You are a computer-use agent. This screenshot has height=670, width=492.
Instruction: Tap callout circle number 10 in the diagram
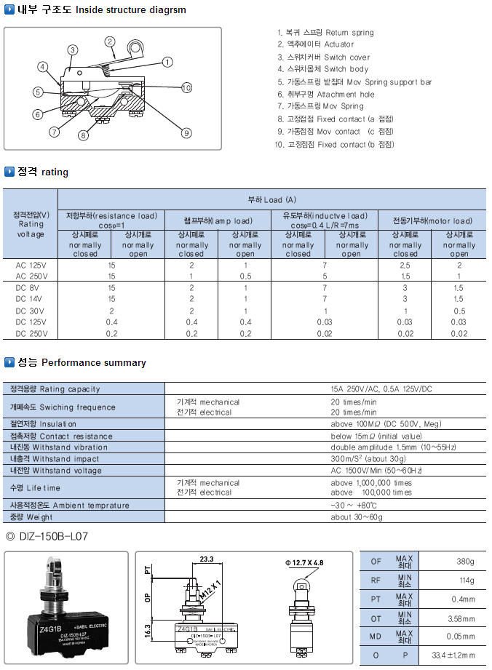coord(186,88)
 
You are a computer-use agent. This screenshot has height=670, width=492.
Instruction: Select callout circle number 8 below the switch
coord(83,135)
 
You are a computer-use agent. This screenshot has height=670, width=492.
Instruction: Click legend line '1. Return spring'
coord(325,33)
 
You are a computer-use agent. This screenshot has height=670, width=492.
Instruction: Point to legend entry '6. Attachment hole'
coord(325,95)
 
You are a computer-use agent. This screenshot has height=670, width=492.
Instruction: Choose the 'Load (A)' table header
coord(271,199)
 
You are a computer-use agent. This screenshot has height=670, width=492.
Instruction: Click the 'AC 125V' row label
coord(31,266)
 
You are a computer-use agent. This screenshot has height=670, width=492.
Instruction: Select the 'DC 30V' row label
coord(31,311)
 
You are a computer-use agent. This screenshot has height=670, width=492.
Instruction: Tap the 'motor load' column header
coord(432,220)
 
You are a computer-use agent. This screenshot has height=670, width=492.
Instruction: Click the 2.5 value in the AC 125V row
coord(405,266)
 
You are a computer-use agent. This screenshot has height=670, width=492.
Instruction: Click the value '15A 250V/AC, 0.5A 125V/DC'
coord(382,389)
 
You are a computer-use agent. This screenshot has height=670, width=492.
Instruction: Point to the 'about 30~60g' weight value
coord(356,517)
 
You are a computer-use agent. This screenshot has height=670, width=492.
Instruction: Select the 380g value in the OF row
coord(464,561)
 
